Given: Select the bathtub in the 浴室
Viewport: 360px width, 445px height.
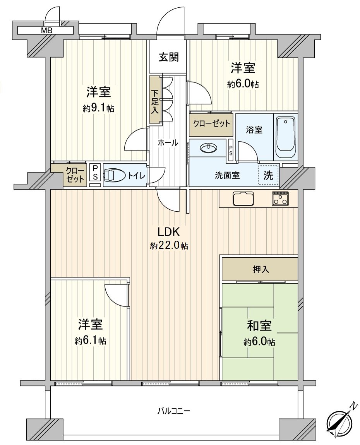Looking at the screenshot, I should pos(286,137).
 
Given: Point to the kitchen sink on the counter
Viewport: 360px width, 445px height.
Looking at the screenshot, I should pos(243,199).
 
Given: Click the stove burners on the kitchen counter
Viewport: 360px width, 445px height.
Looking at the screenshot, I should pos(280,199).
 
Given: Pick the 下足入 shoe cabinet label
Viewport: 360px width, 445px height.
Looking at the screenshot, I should pos(155,100).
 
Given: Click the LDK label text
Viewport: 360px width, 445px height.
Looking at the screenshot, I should pos(168,232).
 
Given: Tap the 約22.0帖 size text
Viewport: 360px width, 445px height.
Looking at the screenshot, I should pos(169,246).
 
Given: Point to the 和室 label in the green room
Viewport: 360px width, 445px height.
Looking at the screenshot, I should pos(259,326).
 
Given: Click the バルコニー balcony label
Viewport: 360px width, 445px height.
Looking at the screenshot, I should pos(173,411).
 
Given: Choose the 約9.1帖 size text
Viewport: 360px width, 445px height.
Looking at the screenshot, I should pos(98,109).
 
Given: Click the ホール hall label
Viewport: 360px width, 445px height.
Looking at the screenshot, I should pos(168,143).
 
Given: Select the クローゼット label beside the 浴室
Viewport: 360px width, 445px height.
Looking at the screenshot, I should pos(211,124).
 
